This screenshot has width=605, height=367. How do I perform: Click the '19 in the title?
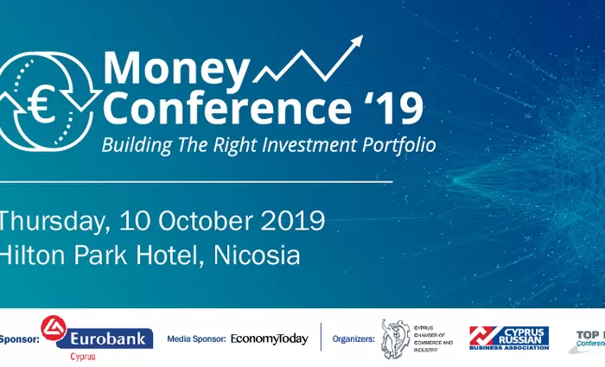(392, 109)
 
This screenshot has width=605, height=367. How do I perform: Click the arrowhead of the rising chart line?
(354, 42)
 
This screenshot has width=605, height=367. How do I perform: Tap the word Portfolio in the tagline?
(393, 142)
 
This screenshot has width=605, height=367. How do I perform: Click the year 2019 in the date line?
(294, 220)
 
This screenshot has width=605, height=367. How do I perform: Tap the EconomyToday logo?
(269, 339)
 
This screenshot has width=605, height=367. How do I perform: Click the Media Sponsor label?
(196, 339)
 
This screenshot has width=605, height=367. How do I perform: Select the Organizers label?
(353, 339)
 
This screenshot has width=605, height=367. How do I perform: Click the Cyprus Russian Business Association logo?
(508, 338)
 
